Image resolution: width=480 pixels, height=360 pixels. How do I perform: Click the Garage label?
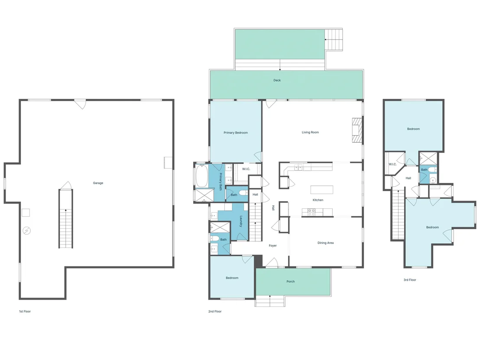(98, 183)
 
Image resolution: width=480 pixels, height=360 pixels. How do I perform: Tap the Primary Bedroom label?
(235, 133)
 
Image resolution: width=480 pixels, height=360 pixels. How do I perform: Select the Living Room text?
(310, 132)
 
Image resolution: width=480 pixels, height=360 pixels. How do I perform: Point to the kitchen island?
(322, 189)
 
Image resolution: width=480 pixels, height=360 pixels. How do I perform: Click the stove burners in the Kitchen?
(311, 212)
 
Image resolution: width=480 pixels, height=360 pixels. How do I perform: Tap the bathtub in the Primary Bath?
(201, 176)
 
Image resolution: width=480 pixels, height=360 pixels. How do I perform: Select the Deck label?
(277, 80)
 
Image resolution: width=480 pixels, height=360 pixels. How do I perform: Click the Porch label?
(291, 281)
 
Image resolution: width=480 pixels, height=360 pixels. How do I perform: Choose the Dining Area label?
(325, 243)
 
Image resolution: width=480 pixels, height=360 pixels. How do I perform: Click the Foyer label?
(272, 246)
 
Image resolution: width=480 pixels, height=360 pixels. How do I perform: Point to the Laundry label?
(241, 221)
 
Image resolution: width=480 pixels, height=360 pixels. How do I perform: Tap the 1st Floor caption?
(25, 311)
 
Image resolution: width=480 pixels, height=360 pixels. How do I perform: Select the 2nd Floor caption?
(215, 311)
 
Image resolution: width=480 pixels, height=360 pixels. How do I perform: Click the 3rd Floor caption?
(409, 280)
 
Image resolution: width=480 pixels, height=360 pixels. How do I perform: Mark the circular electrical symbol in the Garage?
(26, 230)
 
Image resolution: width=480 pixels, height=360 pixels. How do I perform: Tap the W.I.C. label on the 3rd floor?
(392, 164)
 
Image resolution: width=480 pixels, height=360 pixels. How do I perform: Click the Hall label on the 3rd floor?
(409, 178)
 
